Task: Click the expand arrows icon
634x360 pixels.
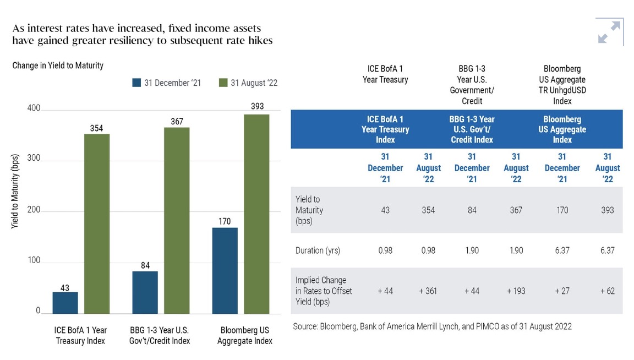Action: click(609, 32)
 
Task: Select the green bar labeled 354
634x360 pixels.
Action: click(97, 223)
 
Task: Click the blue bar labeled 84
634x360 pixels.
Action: click(145, 292)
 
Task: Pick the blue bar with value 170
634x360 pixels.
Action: click(225, 270)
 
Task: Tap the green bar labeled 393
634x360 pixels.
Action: click(256, 214)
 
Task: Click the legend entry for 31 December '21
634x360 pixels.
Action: click(167, 83)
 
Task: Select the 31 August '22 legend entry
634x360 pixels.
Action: click(248, 83)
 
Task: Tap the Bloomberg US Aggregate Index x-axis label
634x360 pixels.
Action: click(245, 335)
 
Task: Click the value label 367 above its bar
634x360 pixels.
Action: click(177, 122)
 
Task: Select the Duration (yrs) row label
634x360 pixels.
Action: click(318, 250)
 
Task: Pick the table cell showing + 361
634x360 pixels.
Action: click(428, 291)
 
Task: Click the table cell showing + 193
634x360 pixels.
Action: click(516, 291)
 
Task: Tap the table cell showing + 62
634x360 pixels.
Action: click(607, 291)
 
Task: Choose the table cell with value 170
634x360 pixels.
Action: click(561, 210)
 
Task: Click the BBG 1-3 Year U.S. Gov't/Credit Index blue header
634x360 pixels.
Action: click(472, 129)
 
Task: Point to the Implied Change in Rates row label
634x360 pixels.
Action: click(324, 291)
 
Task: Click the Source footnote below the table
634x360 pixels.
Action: click(432, 326)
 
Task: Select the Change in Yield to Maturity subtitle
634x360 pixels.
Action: click(58, 66)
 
